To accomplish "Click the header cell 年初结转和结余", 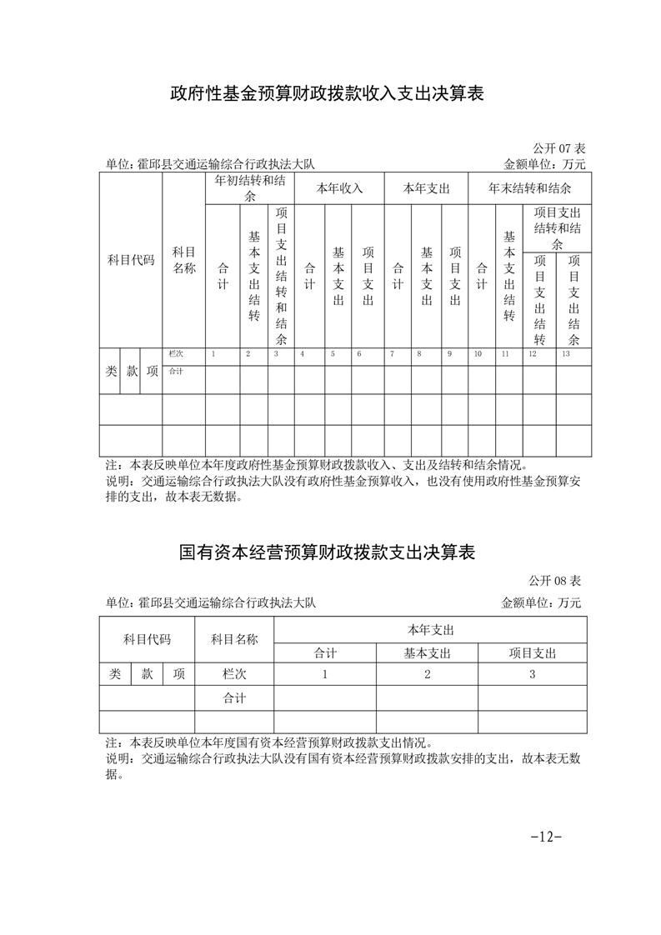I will click(250, 188).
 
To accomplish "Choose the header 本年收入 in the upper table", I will click(339, 188).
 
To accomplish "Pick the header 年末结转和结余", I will click(529, 188).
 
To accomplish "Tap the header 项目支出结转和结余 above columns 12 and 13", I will click(557, 228).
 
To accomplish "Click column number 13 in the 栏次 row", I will click(566, 354).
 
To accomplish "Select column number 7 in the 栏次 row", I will click(393, 354).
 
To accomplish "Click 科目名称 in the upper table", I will click(183, 260).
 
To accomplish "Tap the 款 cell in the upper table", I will click(131, 372).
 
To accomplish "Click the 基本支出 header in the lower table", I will click(427, 653).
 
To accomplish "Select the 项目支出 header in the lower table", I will click(533, 653).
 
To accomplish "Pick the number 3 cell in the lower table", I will click(533, 674).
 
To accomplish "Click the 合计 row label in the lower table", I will click(234, 697).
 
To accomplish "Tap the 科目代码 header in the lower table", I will click(147, 640).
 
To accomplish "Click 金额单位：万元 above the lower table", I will click(541, 602).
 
